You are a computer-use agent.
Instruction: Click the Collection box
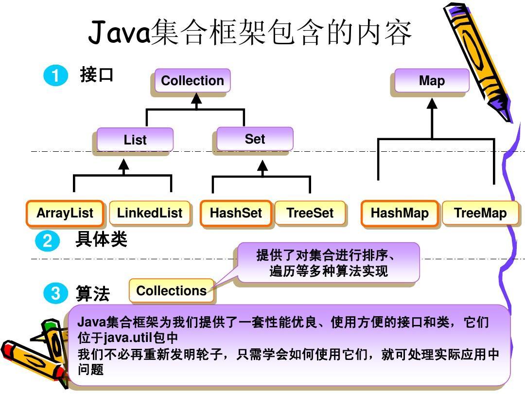pos(192,81)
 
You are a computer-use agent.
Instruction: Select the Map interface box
pos(432,81)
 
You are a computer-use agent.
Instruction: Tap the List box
pos(135,140)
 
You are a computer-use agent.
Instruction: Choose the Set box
pos(255,139)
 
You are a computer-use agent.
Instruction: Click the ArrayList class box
pos(65,213)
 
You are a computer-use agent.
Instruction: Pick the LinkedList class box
pos(149,213)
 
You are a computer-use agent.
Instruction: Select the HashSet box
pos(236,213)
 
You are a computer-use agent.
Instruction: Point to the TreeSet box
pos(310,213)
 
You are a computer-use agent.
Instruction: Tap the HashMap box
pos(400,213)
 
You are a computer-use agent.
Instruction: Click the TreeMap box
pos(480,213)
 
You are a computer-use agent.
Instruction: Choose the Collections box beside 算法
pos(171,291)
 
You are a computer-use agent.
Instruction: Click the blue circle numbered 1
pos(55,76)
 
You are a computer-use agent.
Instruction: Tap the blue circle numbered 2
pos(47,240)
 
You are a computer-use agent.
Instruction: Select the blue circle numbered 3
pos(55,293)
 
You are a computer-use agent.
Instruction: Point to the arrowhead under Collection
pos(196,99)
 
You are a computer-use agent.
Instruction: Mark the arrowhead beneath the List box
pos(124,165)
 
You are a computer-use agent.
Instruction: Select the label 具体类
pos(101,239)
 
